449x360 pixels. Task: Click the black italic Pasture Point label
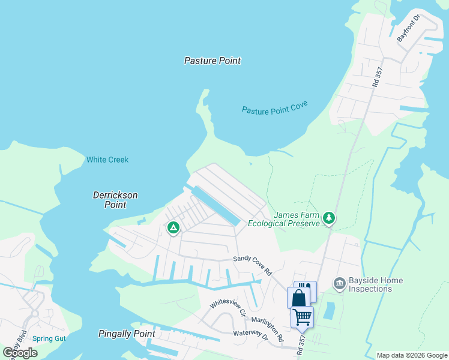(x=212, y=61)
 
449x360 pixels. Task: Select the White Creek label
(x=107, y=160)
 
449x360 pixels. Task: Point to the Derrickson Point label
(x=115, y=200)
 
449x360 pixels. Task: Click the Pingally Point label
(x=127, y=334)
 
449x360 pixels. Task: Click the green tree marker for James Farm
(x=328, y=218)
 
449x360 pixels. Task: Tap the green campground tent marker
(x=173, y=227)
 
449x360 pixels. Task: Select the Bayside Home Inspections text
(x=369, y=284)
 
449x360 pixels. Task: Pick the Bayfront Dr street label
(x=410, y=28)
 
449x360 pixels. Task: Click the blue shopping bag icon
(x=299, y=298)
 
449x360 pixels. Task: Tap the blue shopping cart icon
(x=302, y=316)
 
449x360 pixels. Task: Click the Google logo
(x=20, y=353)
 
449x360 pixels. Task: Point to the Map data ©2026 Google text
(x=412, y=355)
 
